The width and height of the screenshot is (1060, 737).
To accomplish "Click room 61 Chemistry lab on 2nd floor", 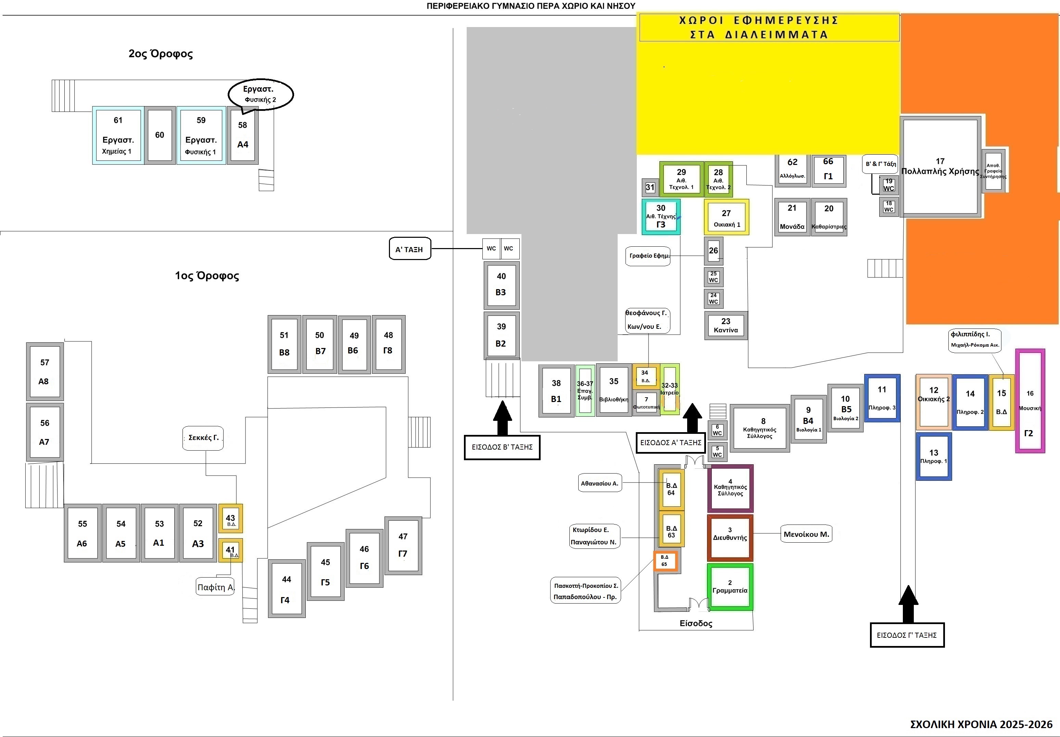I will coord(118,135).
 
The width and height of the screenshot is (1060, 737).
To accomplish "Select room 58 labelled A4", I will coord(243,135).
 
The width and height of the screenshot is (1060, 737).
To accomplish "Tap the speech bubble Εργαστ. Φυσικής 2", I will coord(261,94).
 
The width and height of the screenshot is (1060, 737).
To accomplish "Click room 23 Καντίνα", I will coord(726,325).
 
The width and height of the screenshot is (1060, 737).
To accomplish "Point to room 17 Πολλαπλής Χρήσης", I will coord(941,167).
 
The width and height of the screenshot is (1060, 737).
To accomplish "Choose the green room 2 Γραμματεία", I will coord(730,587).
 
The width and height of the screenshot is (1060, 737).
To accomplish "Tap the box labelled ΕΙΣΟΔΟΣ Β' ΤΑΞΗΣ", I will coord(502,447).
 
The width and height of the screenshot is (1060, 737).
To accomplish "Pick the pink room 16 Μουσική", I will coord(1030,401).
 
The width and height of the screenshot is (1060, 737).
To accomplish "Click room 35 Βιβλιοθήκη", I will coord(614,390).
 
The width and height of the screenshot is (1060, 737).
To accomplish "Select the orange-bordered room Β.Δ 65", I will coord(665,561).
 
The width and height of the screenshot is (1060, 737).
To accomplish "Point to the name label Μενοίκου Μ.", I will coord(806,534).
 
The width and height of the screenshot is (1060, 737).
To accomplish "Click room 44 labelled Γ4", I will coord(286,589).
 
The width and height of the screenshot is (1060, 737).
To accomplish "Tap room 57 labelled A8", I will coord(44,372).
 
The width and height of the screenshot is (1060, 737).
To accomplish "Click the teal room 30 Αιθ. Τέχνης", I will coord(661,217).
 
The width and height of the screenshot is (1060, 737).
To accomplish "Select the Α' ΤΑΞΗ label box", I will coord(409,249).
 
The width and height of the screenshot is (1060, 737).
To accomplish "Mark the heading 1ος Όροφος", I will coord(207,276).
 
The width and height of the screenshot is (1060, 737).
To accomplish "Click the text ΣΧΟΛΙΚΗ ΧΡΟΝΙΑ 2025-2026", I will coord(981,725).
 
